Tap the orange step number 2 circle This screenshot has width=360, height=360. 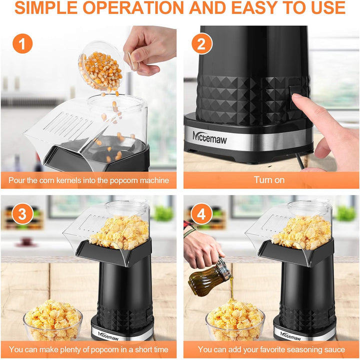[x=201, y=43]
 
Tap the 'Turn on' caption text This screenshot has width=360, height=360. [x=269, y=180]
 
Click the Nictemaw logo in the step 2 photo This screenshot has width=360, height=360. [x=209, y=137]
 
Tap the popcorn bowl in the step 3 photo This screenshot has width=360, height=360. [x=52, y=320]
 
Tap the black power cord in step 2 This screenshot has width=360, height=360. [x=299, y=160]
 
